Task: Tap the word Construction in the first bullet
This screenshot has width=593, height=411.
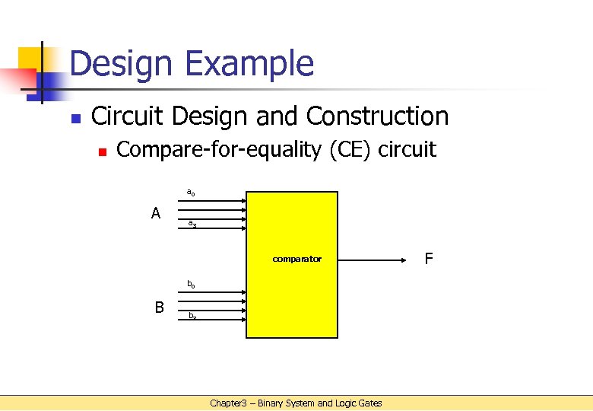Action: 378,116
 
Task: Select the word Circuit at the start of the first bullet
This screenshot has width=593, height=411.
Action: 128,116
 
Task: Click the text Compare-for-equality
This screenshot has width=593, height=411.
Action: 220,150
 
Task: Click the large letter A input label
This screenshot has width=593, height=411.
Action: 156,213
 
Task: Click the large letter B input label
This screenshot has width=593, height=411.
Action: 160,307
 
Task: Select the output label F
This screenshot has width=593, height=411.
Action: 429,260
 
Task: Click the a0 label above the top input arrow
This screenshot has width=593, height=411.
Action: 191,193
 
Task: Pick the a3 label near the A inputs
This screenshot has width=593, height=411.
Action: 192,224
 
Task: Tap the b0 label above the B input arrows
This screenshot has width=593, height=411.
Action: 192,285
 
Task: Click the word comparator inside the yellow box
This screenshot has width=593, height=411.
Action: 297,259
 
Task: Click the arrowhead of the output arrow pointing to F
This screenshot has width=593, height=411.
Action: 404,260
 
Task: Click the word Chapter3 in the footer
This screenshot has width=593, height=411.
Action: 229,403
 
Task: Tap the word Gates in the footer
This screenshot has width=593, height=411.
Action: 369,403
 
